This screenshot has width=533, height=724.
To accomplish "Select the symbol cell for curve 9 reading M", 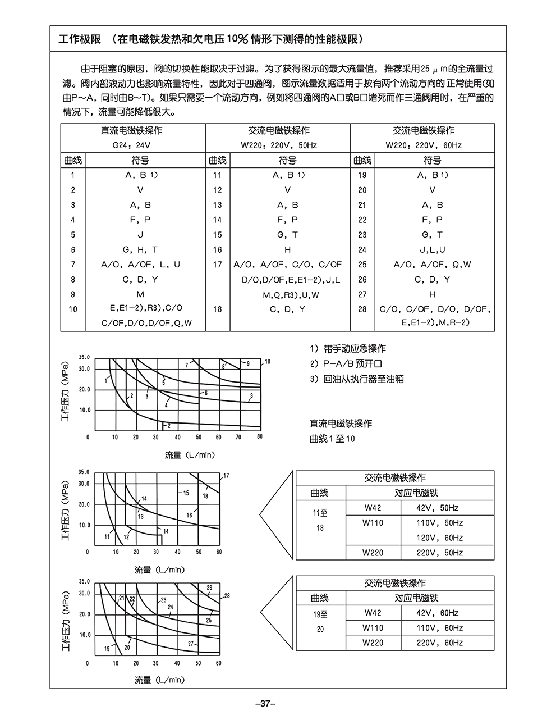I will (x=140, y=294).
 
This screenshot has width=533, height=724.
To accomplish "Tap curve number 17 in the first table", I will (x=217, y=265).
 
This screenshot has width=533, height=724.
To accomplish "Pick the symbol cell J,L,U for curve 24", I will (x=432, y=250).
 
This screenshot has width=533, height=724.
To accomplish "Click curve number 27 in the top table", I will (x=362, y=294).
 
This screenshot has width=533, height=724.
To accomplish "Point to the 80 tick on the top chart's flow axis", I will (x=259, y=437).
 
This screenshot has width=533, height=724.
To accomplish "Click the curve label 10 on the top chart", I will (x=268, y=362).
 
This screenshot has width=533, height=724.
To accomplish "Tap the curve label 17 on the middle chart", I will (x=226, y=476).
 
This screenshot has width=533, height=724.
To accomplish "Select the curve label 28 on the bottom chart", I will (x=227, y=596).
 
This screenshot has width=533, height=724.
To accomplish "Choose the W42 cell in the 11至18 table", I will (x=373, y=508).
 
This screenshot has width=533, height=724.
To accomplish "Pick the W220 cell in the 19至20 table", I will (x=373, y=643).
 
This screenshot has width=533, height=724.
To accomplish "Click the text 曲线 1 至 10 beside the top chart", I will (x=332, y=439).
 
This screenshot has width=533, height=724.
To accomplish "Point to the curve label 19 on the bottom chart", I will (x=107, y=649).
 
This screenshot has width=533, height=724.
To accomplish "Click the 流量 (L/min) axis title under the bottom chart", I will (x=159, y=680).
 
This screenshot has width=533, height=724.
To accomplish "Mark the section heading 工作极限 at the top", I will (x=79, y=39).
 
